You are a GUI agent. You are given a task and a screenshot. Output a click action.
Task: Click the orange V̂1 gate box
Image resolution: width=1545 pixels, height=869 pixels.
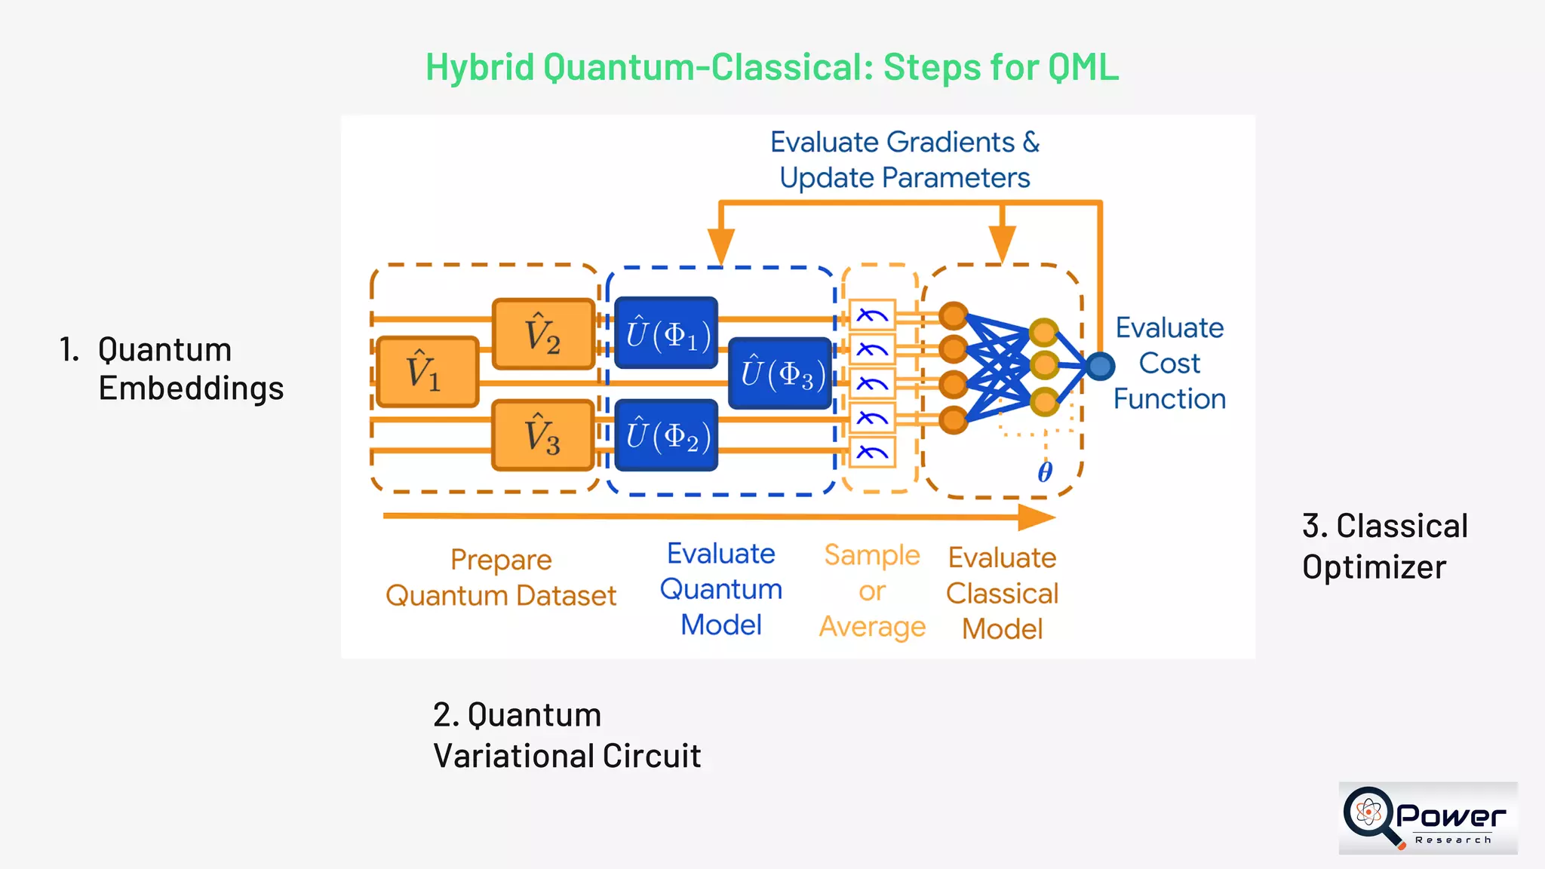pos(427,372)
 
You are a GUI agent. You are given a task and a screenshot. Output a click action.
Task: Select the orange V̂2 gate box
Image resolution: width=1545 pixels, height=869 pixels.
pos(543,334)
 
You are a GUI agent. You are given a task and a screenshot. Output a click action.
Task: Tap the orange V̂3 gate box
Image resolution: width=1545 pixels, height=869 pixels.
pos(543,436)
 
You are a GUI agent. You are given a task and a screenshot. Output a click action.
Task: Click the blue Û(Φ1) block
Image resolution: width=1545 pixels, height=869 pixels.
pos(666,333)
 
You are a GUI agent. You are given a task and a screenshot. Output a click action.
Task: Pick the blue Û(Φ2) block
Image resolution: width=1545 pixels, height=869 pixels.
pos(666,436)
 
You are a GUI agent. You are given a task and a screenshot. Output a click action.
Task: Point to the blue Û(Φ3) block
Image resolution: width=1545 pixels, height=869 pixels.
pos(780,373)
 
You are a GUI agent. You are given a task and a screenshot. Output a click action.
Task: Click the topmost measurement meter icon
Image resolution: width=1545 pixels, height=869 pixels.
pos(872,315)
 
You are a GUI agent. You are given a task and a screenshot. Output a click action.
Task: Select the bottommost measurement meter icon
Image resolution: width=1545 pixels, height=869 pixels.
pos(872,453)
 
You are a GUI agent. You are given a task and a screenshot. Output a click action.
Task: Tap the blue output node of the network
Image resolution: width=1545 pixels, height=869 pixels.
pos(1101,367)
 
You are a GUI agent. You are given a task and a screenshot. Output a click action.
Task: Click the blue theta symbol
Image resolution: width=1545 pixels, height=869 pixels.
pos(1045,472)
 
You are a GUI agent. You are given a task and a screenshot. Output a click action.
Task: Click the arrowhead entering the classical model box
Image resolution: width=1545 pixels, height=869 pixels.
pos(1002,245)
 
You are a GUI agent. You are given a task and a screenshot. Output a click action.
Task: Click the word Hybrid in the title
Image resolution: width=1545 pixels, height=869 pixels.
pos(481,67)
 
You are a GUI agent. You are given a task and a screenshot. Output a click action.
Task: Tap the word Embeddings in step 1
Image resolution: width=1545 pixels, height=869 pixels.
pos(191,388)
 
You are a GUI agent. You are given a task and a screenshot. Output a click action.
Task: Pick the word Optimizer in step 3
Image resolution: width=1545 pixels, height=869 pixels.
pos(1374,567)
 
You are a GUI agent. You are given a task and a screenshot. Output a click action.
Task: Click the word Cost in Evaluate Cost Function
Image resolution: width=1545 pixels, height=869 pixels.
pos(1169,364)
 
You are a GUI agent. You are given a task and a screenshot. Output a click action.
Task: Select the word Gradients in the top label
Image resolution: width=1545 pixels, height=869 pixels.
pos(951,143)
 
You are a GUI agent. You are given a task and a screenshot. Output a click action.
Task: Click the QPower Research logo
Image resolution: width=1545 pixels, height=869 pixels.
pos(1427,818)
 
